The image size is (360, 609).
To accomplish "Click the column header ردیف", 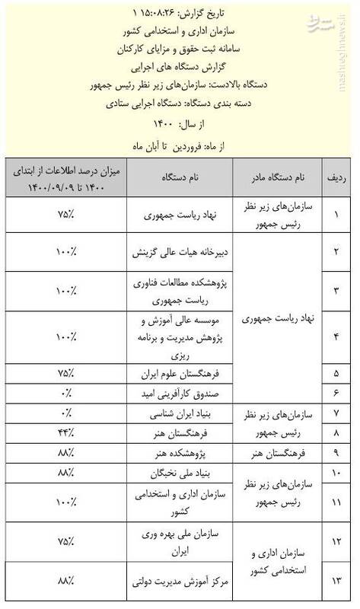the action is (x=337, y=177).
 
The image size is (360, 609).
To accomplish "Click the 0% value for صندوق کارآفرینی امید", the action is (x=65, y=393).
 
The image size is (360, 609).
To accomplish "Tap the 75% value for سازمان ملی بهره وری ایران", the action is (x=65, y=543).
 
